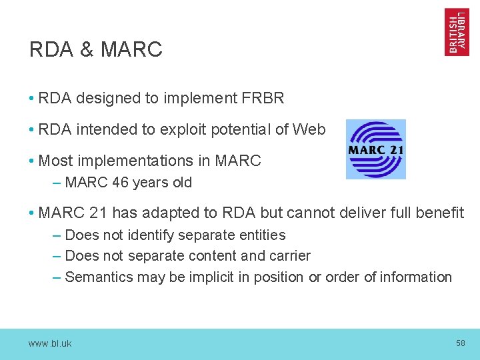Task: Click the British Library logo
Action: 457,32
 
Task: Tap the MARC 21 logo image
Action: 375,149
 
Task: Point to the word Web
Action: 310,130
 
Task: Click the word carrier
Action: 289,256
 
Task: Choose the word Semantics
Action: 99,277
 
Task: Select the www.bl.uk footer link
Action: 50,344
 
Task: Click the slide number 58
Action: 460,343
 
